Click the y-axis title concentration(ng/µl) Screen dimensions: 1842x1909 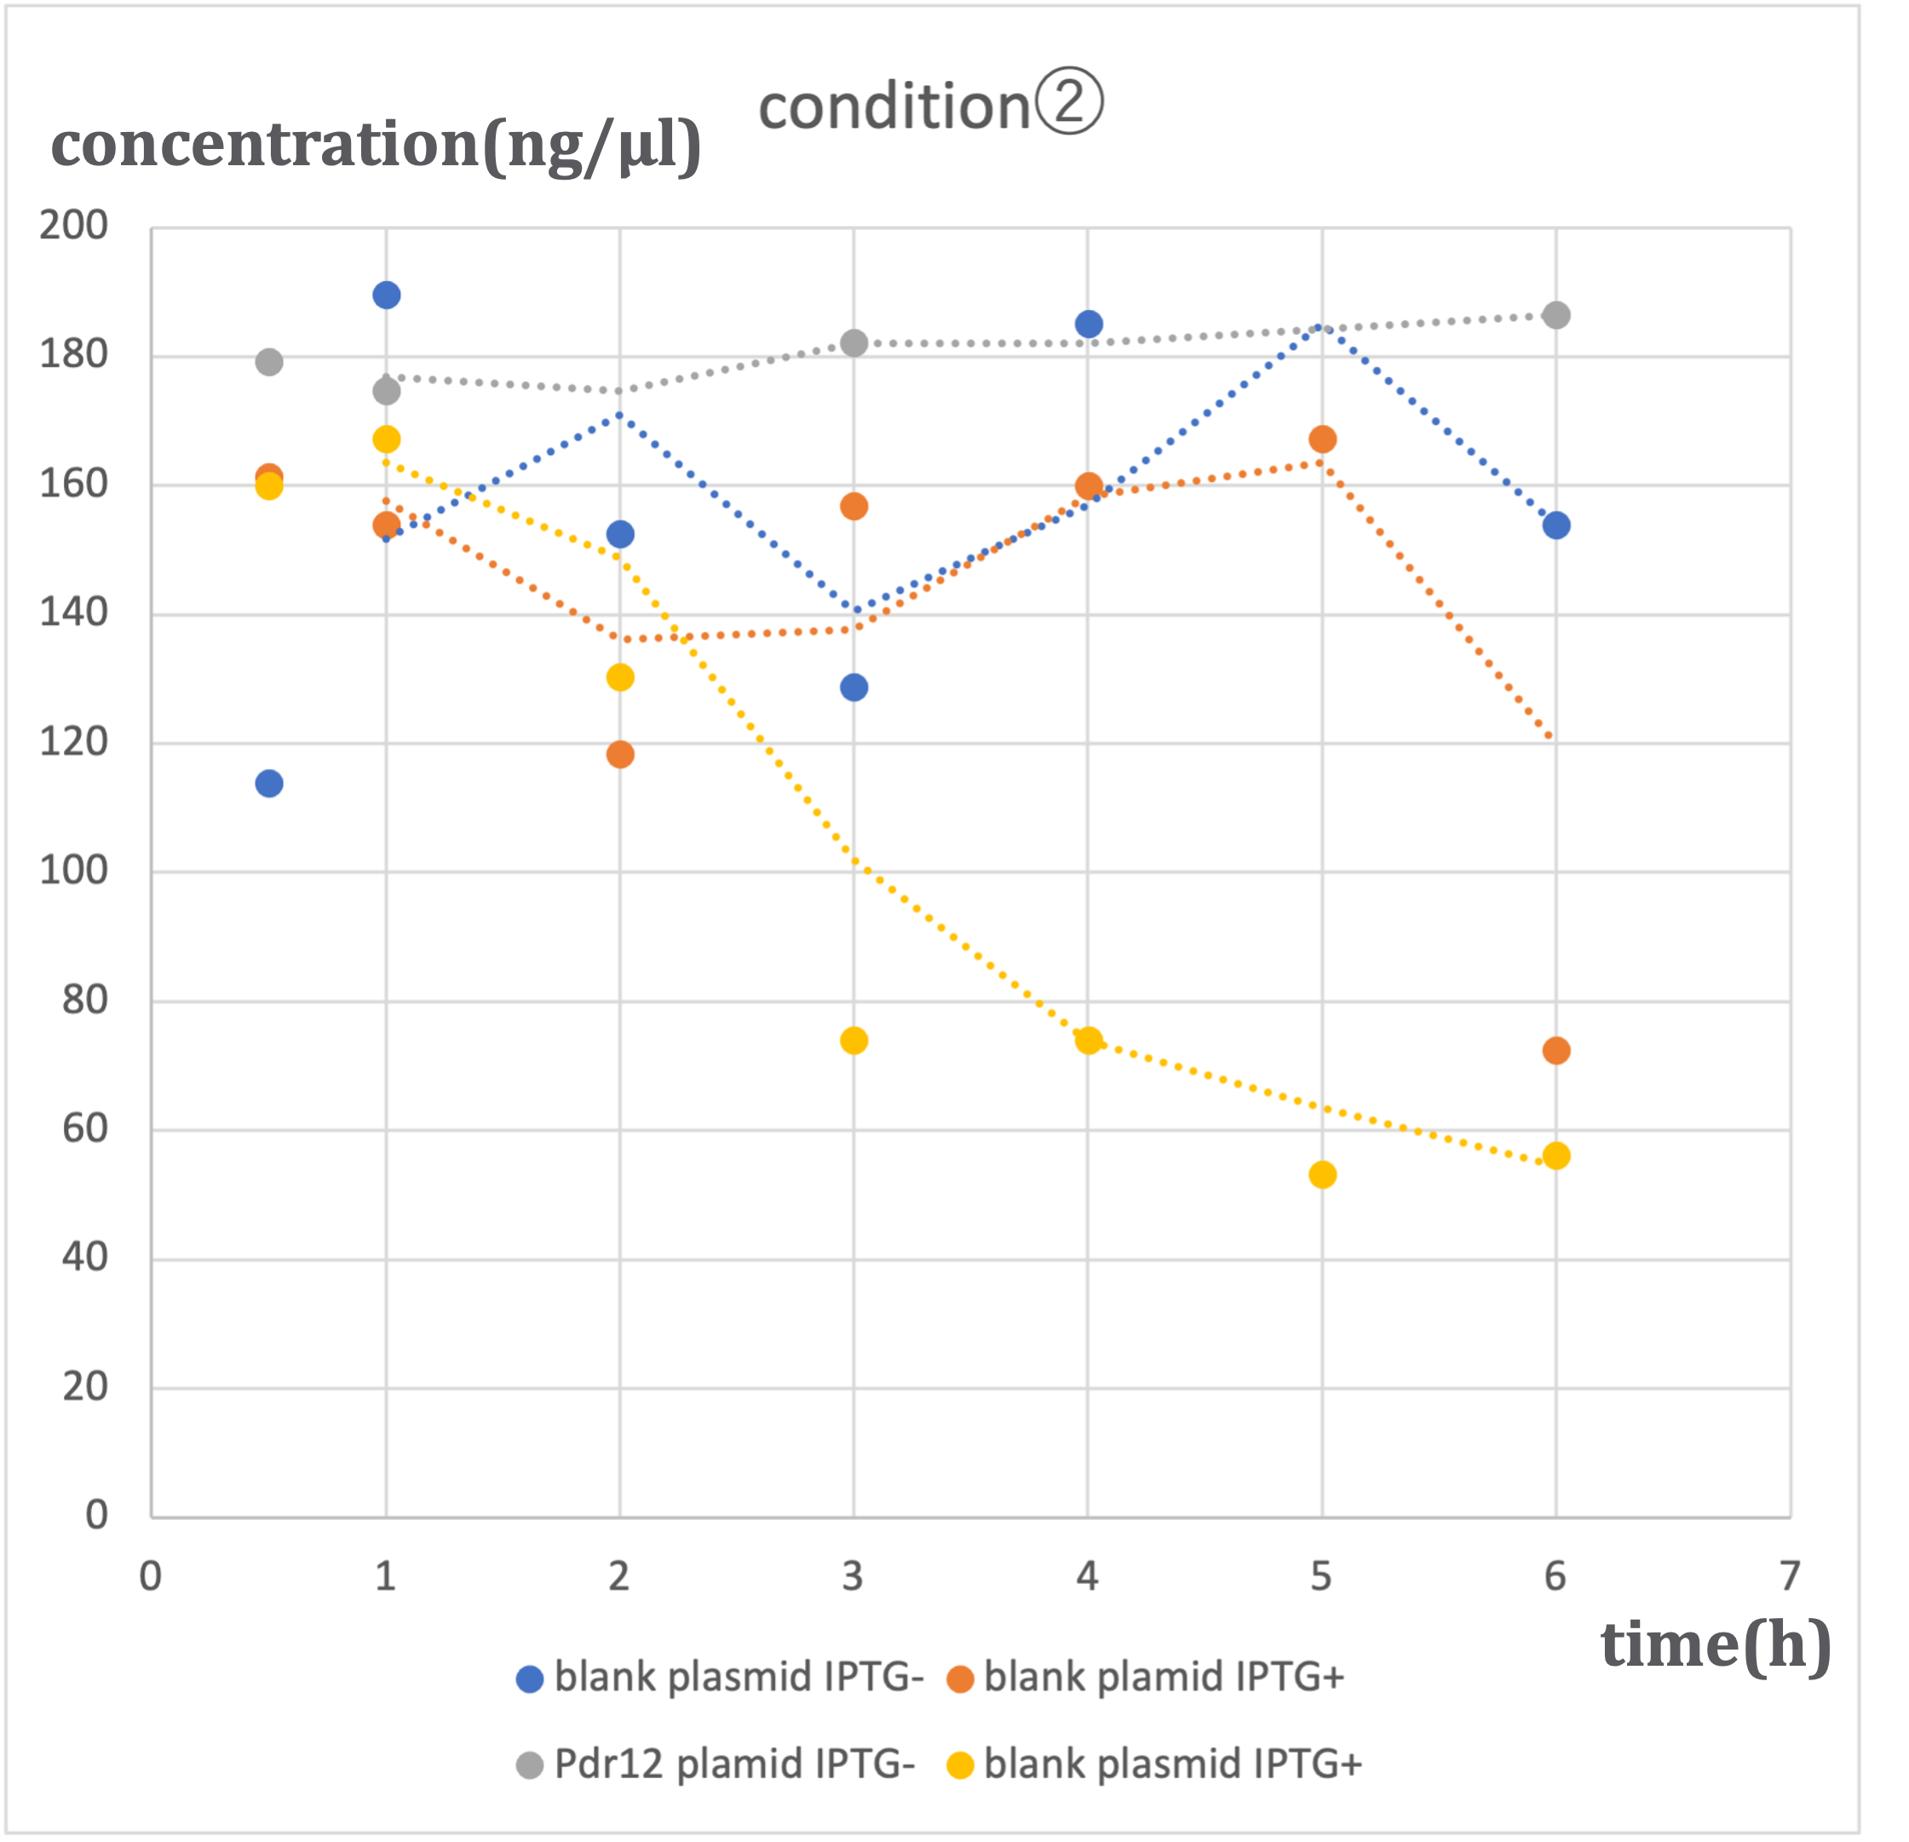[376, 146]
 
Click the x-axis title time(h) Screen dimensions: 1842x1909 [1715, 1644]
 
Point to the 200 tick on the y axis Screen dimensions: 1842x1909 [74, 225]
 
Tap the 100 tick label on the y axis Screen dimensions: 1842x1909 [74, 870]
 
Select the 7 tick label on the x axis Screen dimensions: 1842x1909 [1789, 1575]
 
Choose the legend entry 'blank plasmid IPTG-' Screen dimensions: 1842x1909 [721, 1678]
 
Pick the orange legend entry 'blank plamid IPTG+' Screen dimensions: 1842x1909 [1147, 1678]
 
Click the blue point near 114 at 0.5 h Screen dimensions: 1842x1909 [269, 783]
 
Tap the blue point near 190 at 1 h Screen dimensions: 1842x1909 [387, 295]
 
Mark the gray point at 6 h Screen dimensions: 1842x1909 [1556, 315]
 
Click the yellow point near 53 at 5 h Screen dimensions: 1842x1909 [1323, 1175]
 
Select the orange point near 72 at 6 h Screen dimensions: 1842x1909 [1556, 1051]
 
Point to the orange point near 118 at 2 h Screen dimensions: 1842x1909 [620, 755]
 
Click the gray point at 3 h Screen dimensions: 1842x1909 [854, 342]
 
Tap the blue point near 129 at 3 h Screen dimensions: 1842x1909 [854, 688]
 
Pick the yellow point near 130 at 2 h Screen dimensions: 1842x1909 [620, 678]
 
